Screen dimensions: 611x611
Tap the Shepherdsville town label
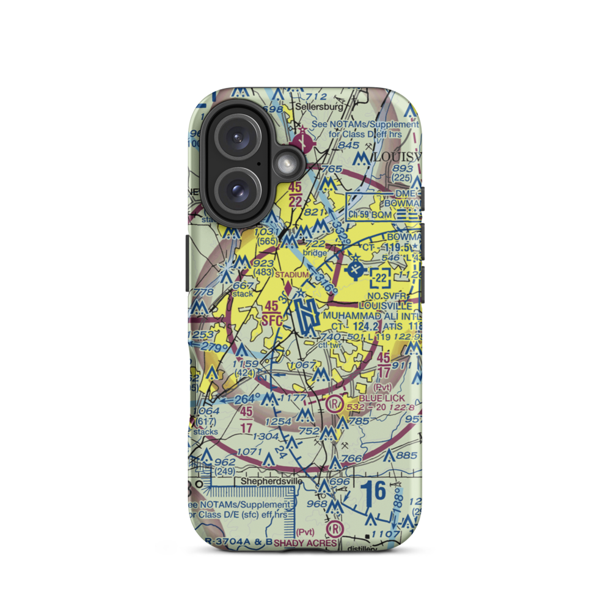click(x=271, y=481)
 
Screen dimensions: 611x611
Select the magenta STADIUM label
click(x=291, y=274)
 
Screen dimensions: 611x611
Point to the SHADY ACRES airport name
click(x=305, y=543)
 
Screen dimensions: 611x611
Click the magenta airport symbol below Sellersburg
click(x=302, y=143)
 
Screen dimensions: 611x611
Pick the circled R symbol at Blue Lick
click(x=334, y=403)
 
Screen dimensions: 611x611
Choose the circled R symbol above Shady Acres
click(x=334, y=528)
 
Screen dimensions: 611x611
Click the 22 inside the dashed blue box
click(x=381, y=279)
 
